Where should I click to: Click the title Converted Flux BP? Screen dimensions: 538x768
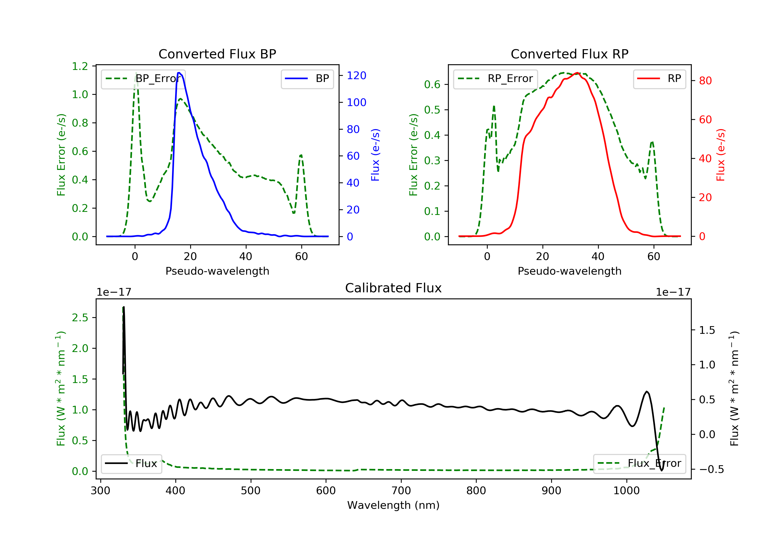coord(217,54)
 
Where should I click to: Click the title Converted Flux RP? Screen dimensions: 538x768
coord(569,54)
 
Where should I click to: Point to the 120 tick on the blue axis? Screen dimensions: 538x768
coord(356,76)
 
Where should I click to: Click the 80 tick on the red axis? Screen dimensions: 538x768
coord(705,81)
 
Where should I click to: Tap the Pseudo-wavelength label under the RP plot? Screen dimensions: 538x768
coord(569,271)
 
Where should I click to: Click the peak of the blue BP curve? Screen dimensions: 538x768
coord(179,73)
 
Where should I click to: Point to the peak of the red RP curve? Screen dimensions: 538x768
coord(577,73)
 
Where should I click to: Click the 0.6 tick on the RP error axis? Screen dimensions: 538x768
coord(432,85)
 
